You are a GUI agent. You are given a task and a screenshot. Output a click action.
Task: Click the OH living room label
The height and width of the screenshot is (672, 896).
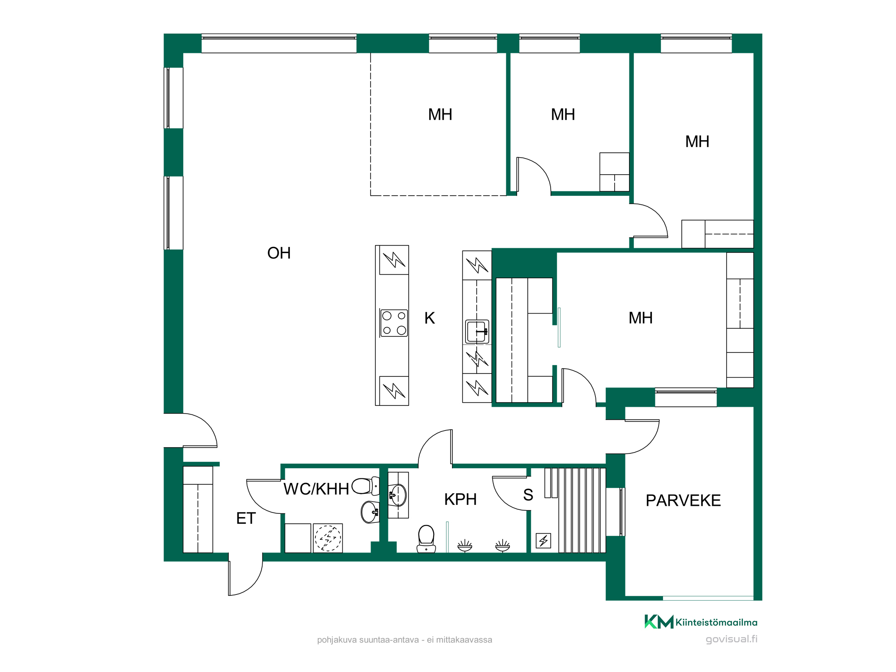[x=279, y=253]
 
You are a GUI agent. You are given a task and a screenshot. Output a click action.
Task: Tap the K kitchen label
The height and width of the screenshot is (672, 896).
[x=430, y=318]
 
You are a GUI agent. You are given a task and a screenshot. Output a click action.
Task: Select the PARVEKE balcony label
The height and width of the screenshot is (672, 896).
[x=683, y=500]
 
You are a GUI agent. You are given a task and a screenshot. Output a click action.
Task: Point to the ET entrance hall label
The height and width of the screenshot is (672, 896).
[x=246, y=518]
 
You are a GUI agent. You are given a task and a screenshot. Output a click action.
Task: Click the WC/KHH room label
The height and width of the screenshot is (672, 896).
[x=316, y=489]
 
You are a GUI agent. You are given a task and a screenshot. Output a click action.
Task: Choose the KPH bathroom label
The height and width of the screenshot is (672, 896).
[x=460, y=499]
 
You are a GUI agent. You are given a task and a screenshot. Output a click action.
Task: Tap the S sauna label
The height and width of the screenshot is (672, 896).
[x=528, y=495]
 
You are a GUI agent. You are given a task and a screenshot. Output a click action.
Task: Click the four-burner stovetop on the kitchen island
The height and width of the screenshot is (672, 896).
[x=394, y=323]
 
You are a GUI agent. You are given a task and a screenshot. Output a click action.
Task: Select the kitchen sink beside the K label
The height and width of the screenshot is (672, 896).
[x=477, y=332]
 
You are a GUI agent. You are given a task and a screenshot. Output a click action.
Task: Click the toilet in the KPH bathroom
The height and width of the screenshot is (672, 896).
[x=426, y=539]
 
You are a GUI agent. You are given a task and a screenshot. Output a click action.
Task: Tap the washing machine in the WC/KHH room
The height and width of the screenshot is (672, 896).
[x=328, y=538]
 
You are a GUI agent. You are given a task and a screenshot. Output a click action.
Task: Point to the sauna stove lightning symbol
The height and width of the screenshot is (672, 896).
[x=543, y=541]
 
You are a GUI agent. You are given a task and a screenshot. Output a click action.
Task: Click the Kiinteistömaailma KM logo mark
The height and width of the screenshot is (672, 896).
[x=659, y=621]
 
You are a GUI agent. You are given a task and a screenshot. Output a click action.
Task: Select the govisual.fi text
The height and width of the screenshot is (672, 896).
[x=732, y=639]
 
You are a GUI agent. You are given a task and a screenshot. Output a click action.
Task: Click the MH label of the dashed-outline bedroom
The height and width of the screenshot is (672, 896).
[x=440, y=115]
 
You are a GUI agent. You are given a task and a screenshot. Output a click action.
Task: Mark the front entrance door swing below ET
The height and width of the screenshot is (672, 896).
[x=246, y=578]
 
